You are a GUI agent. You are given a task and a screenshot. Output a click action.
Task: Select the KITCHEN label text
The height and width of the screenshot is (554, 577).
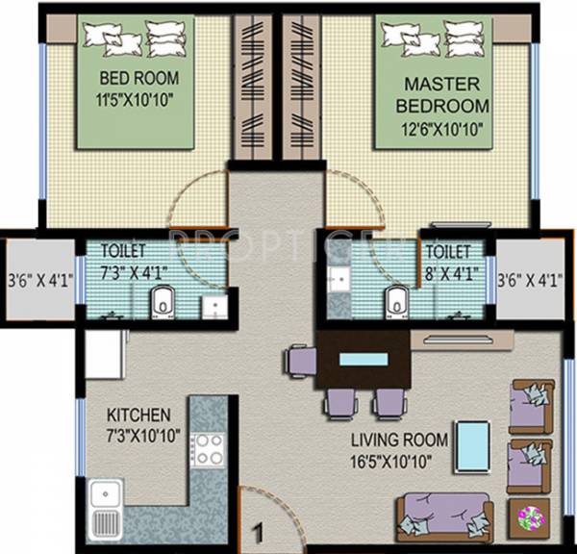(x=138, y=415)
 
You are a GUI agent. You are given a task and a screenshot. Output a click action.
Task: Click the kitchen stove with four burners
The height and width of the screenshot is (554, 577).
(x=207, y=449)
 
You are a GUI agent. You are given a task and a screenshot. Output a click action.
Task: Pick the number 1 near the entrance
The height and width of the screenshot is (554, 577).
(x=257, y=529)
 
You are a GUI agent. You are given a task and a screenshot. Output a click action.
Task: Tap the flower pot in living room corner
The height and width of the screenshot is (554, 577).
(x=531, y=519)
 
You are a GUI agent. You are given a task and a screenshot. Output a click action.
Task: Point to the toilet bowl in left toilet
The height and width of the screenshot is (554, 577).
(x=163, y=304)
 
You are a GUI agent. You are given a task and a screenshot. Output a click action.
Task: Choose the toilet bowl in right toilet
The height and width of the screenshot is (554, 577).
(x=393, y=303)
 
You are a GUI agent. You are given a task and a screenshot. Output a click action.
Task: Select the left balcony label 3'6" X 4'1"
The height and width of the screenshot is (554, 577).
(x=39, y=282)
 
